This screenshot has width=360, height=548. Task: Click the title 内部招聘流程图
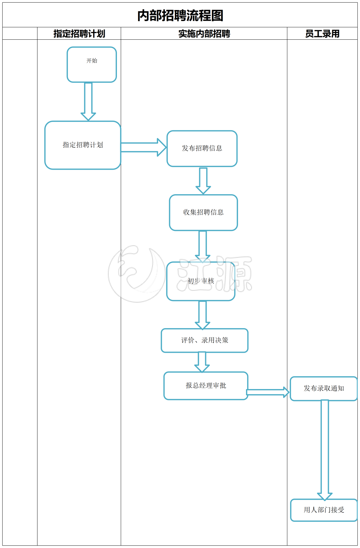point(180,16)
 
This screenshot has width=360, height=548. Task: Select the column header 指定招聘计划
point(79,34)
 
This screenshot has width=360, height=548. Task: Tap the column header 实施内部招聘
point(204,34)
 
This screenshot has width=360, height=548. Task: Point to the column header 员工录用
point(322,34)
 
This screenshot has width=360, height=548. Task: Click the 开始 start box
point(92,65)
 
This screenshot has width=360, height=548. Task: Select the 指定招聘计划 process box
point(83,145)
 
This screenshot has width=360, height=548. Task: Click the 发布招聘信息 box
point(202,149)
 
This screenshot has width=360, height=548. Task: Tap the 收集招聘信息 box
point(203,212)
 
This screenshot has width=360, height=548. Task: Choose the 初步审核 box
point(201,281)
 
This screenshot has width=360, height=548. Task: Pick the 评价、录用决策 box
point(204,340)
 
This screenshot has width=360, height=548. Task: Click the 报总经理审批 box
point(206,386)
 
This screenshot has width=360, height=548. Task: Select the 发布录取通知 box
point(324,389)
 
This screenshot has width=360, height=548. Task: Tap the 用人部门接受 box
point(324,510)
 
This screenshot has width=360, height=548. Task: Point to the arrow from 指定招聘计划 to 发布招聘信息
point(143,147)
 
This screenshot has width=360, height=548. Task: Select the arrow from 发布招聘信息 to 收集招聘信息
point(203,180)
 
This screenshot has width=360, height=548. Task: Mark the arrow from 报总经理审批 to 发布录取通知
point(268,392)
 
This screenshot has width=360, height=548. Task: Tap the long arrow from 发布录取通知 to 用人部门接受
point(325,450)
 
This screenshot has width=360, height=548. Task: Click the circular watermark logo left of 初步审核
point(137,274)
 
